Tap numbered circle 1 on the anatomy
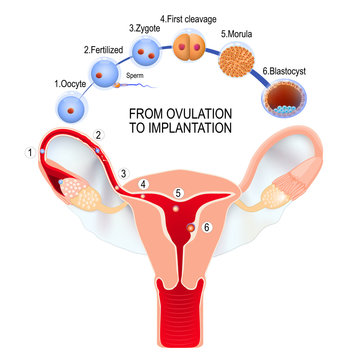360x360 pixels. (x=31, y=152)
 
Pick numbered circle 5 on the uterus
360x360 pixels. (x=179, y=193)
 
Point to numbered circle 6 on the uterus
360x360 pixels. (x=207, y=228)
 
